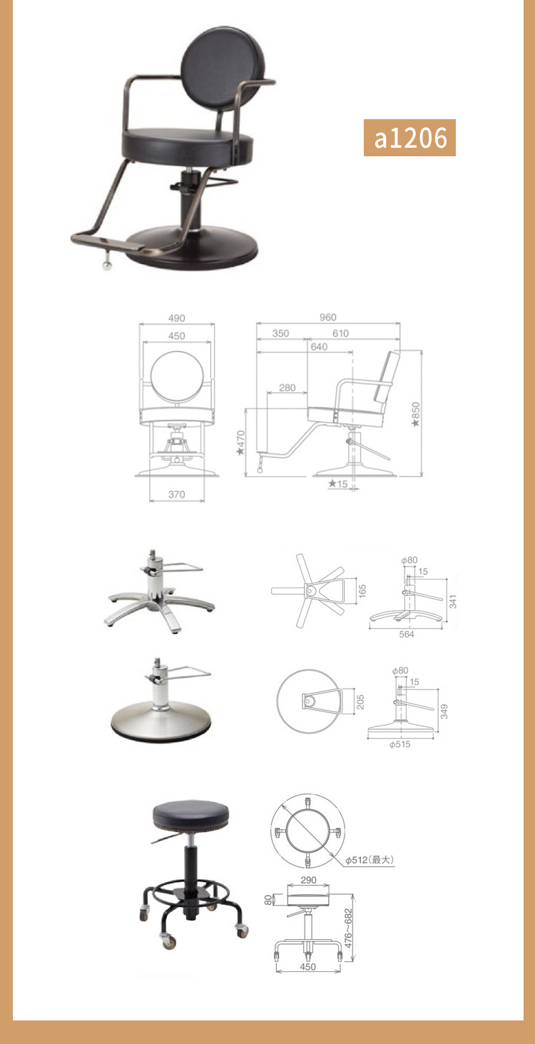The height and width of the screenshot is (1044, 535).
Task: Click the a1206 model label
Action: (410, 138)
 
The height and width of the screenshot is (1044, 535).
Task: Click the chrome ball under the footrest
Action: (107, 265)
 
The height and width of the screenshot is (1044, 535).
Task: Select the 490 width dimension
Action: (177, 318)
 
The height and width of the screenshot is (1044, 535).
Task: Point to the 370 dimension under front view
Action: (177, 494)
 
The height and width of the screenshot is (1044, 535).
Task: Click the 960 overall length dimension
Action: (328, 317)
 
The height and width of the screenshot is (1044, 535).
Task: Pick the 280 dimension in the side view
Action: (287, 387)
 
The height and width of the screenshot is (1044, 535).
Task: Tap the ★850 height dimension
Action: (416, 415)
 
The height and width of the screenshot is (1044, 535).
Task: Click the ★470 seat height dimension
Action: (240, 442)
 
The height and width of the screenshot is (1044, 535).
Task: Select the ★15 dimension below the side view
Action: (338, 484)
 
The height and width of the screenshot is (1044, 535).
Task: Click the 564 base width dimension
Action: (407, 634)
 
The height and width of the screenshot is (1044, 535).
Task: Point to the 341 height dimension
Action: (452, 602)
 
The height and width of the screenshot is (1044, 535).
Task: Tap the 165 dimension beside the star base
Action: (362, 591)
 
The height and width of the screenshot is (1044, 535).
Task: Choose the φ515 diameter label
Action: (400, 744)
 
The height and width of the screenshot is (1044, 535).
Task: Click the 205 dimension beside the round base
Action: (360, 702)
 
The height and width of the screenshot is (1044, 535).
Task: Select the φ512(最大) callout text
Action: (370, 860)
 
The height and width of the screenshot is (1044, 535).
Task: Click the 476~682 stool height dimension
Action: (348, 928)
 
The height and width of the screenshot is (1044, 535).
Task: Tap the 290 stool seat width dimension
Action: (308, 880)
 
